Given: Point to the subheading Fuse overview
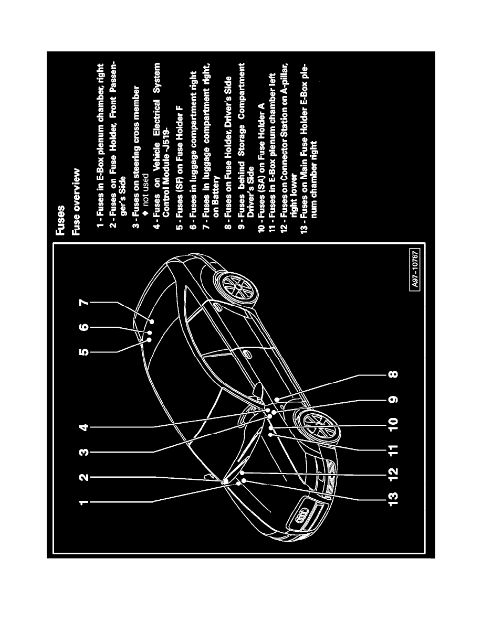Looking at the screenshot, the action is [x=76, y=202].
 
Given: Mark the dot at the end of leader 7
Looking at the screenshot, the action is [x=152, y=320].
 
